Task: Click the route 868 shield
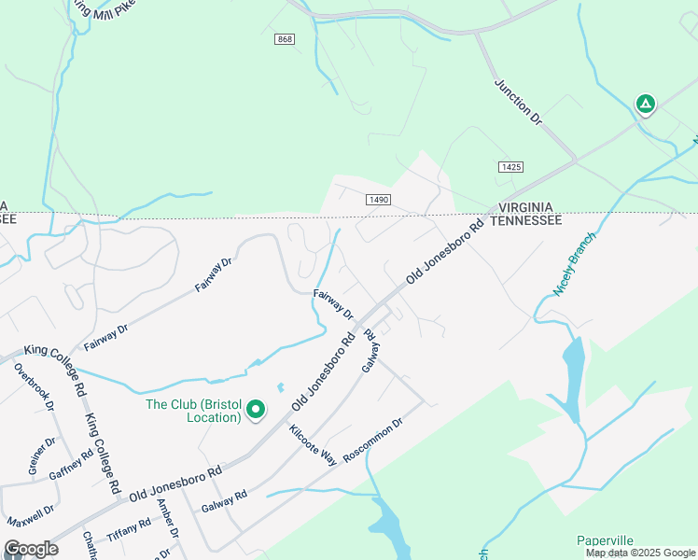285,38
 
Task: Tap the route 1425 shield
510,166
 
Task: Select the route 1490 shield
378,200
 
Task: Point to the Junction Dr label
518,102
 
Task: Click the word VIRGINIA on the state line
526,206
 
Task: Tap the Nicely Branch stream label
574,264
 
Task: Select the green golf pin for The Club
253,409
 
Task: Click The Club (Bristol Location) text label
193,411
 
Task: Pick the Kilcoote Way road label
313,444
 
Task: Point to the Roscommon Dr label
372,441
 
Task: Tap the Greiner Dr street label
38,457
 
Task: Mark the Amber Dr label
168,518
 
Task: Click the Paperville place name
605,540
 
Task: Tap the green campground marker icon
645,105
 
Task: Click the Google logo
31,549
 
